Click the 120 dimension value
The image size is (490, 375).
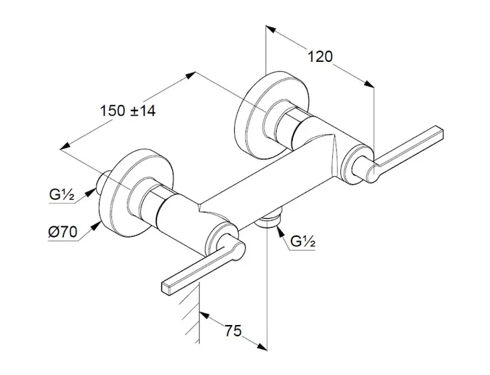(x=320, y=57)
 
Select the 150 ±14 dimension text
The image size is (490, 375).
(x=128, y=111)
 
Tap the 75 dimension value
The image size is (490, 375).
(x=233, y=331)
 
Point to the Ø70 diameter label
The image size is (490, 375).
(x=63, y=232)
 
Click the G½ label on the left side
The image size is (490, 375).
(x=61, y=195)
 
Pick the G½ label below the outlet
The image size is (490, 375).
(x=303, y=241)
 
